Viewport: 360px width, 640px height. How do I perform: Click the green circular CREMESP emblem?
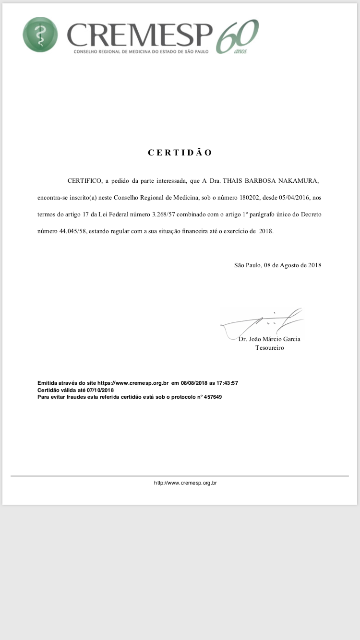[x=40, y=35]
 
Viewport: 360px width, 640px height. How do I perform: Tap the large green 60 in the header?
[x=238, y=36]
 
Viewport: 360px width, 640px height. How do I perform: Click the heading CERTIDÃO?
[x=180, y=153]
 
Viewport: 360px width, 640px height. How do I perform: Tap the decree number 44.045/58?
[x=73, y=231]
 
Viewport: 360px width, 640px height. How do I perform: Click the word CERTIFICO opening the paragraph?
[x=85, y=181]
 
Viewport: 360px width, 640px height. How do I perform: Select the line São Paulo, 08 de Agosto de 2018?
[x=277, y=265]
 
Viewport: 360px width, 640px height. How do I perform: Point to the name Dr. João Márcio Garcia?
[x=269, y=339]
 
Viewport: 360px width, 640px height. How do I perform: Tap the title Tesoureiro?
[x=269, y=348]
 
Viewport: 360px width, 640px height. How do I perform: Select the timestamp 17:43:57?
[x=227, y=383]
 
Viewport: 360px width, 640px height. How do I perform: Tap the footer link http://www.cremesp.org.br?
[x=185, y=483]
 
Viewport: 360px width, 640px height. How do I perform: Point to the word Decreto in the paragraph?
[x=311, y=214]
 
